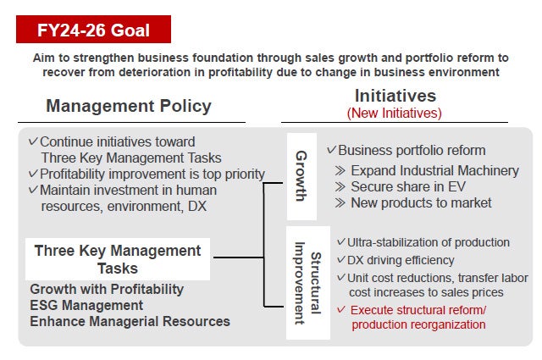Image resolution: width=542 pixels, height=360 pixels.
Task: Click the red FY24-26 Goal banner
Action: point(93,30)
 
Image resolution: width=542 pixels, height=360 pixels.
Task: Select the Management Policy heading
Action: point(129,106)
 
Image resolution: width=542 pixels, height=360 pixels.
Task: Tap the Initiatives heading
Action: point(395,95)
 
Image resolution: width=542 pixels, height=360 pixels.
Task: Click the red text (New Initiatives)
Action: point(395,113)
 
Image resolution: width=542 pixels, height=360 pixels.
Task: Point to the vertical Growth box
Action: point(301,176)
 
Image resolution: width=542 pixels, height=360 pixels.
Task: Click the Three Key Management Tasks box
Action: point(118,259)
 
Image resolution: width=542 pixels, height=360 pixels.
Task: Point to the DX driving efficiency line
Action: point(401,261)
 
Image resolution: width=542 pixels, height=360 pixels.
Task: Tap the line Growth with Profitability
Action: point(108,290)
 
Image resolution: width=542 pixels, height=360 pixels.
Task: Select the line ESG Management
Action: point(86,305)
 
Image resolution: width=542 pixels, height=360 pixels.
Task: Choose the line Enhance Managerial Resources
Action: point(130,321)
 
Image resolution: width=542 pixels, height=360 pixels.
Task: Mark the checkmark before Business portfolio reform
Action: point(331,150)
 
